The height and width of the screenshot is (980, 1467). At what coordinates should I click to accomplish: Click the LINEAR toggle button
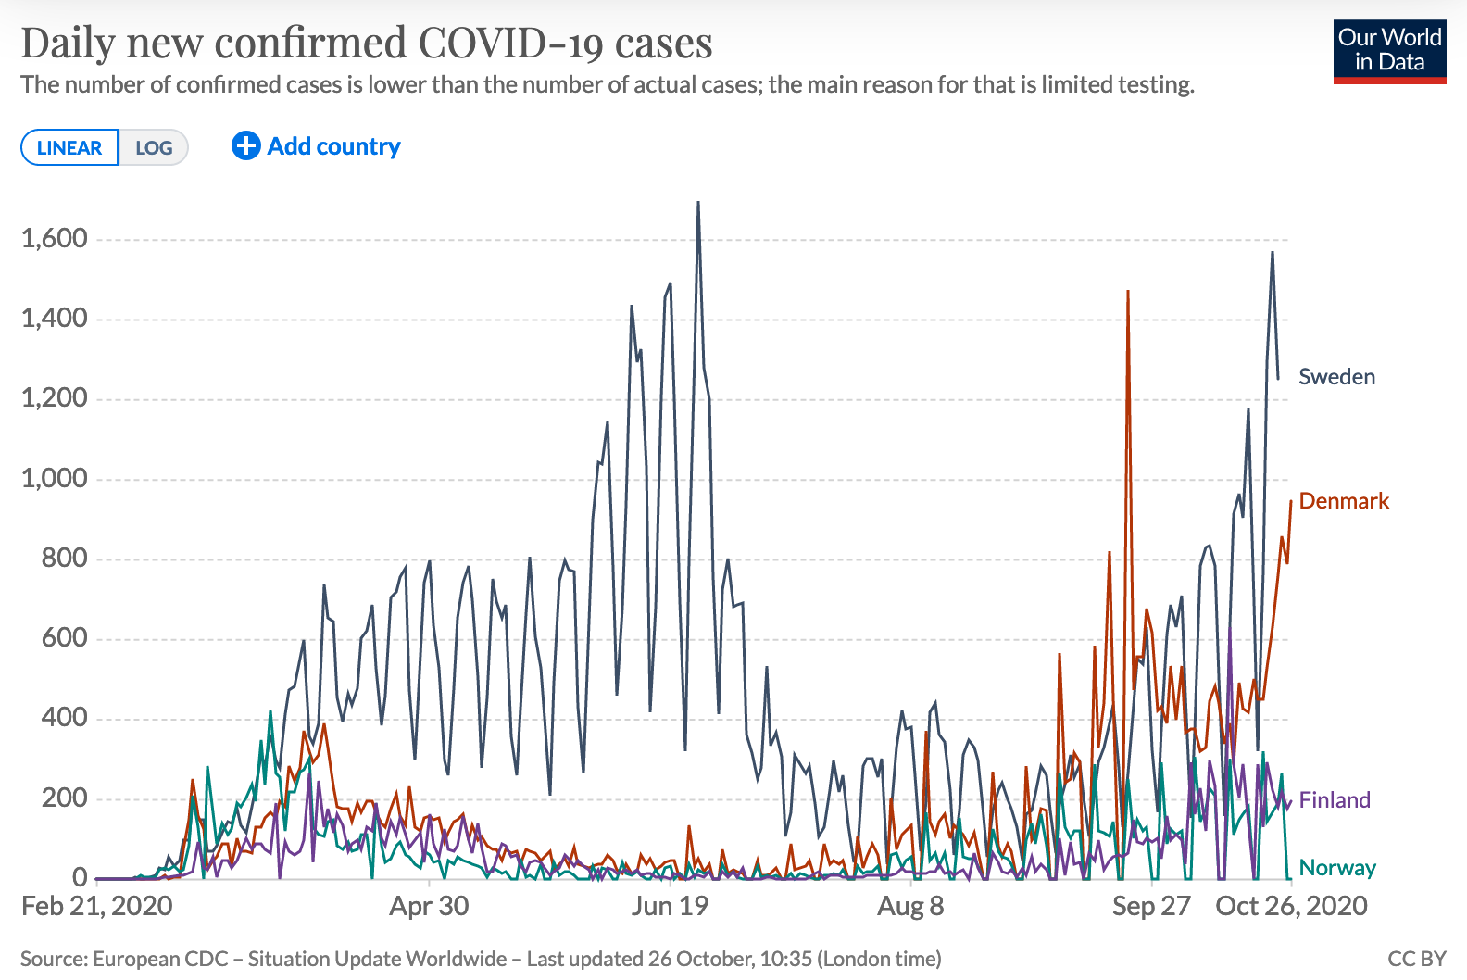69,148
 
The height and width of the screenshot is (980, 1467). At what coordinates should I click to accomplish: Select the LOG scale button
154,148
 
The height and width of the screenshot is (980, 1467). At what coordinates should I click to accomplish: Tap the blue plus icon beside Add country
245,145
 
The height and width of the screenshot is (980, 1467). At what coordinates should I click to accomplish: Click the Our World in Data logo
1389,51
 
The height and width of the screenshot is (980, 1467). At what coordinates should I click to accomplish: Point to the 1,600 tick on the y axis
55,239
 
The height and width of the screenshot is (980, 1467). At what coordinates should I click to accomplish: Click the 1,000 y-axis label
55,479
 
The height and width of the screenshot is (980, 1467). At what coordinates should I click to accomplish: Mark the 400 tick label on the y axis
64,718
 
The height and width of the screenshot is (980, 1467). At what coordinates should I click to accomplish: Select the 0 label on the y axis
80,877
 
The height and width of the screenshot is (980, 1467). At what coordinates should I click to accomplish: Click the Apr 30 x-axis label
429,906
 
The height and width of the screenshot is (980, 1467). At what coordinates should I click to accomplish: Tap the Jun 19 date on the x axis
670,906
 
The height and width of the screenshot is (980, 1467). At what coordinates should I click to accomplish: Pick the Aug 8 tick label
910,906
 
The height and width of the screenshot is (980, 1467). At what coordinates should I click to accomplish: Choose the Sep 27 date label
1150,906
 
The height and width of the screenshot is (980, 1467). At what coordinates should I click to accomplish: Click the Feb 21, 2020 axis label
97,906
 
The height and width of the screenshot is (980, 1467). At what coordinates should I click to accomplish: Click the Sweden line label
1336,377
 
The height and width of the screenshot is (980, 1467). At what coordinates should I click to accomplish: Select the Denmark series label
1344,501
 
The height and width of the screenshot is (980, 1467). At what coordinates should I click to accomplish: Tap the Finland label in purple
1334,800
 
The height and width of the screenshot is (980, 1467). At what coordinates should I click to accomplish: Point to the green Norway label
1336,868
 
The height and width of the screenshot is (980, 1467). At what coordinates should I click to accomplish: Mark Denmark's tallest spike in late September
1127,293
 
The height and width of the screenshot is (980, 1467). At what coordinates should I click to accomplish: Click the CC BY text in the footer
1416,959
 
